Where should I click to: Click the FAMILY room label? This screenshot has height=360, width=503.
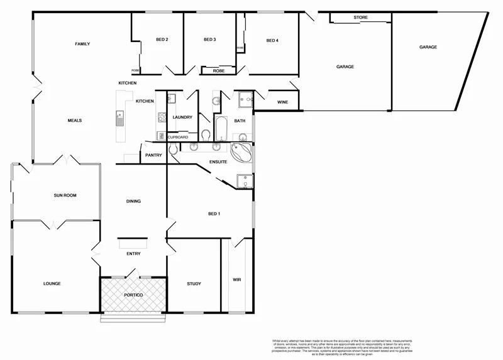[82, 44]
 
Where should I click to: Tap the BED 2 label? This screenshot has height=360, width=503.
[162, 40]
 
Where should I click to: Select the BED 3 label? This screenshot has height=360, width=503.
[210, 40]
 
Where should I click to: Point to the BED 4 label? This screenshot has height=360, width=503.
[272, 41]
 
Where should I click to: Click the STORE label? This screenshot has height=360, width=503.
[360, 18]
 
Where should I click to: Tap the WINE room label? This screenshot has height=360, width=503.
[282, 102]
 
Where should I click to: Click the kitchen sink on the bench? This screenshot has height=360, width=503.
[119, 117]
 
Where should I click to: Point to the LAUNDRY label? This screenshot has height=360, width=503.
[182, 117]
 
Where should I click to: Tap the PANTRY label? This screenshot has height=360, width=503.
[153, 155]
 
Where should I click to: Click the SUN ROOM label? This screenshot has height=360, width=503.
[64, 195]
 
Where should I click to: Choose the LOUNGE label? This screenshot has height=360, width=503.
[52, 283]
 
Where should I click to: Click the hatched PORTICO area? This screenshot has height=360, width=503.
[133, 295]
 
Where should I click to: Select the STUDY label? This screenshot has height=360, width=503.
[194, 283]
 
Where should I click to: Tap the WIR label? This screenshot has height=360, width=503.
[236, 280]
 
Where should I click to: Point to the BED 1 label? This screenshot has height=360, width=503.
[214, 214]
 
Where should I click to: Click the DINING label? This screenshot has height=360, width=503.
[133, 201]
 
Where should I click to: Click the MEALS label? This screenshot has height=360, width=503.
[75, 121]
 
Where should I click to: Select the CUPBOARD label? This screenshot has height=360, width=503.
[177, 136]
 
